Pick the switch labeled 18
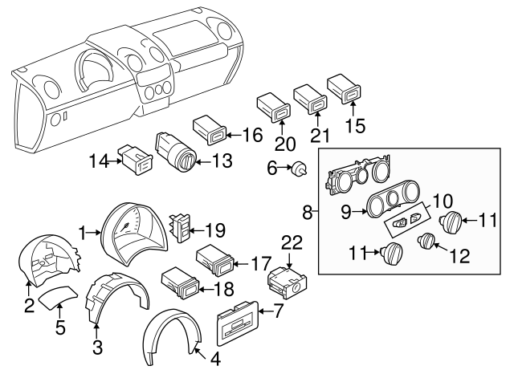(181, 282)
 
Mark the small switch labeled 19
(182, 227)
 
